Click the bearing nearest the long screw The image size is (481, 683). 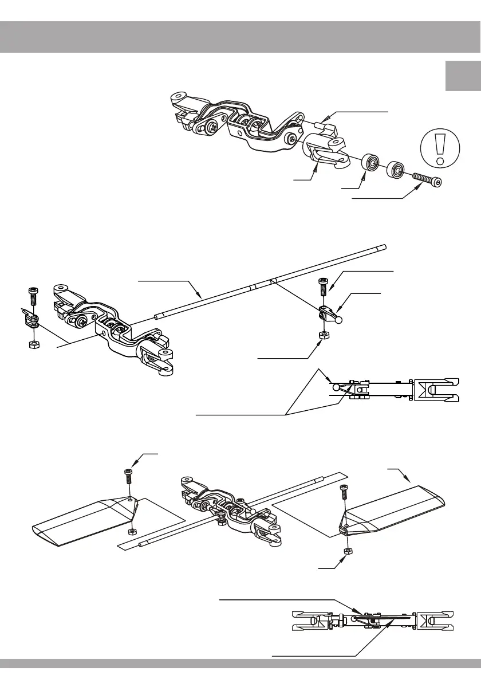(x=396, y=169)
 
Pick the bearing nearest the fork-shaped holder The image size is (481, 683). (x=372, y=161)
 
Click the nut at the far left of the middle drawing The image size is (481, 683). (x=33, y=344)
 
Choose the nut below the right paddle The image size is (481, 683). (x=346, y=551)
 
